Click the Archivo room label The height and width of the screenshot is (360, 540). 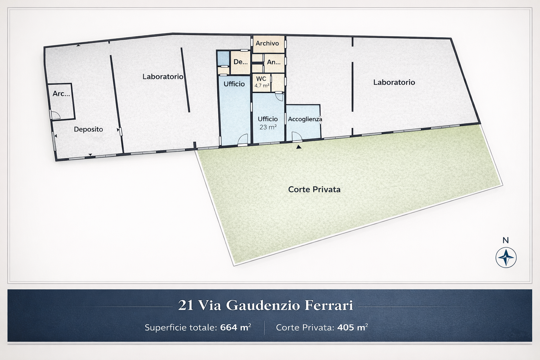pos(267,43)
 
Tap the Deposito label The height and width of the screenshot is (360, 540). pos(88,129)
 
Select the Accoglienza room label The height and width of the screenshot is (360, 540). pos(305,119)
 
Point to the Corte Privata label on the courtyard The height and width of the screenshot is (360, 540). pos(314,189)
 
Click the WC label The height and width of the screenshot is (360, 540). pos(261,79)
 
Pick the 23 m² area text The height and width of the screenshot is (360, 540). pos(268,127)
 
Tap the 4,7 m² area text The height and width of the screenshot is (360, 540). pos(262,85)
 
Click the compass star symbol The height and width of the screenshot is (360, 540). pos(506,258)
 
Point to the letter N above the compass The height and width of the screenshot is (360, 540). pos(506,240)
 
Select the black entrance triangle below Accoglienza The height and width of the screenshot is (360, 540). pos(299,147)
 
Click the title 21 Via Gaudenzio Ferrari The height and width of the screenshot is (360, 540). pos(266,305)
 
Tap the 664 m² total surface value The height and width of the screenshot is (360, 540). pos(236,327)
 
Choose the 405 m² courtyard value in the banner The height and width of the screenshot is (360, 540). pos(353,327)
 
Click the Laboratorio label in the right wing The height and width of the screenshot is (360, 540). pos(394,83)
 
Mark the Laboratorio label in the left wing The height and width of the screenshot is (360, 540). pos(163,77)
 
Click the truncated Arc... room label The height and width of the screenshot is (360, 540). pos(61,94)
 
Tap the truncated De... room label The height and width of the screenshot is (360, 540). pos(240,62)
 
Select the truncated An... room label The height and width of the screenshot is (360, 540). pos(274,62)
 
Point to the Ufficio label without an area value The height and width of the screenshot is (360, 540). pos(234,84)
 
